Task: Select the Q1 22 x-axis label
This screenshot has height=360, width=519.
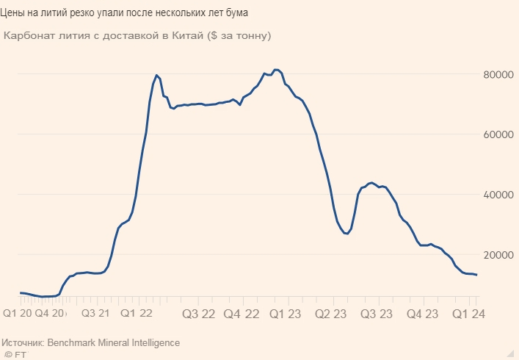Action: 137,313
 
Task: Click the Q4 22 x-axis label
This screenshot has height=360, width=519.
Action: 242,313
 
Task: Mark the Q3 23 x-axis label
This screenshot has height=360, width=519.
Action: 377,313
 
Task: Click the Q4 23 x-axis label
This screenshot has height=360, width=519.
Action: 421,313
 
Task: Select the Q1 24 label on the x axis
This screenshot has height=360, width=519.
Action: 467,313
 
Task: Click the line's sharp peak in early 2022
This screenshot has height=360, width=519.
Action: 157,75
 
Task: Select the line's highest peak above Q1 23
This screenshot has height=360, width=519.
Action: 276,70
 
